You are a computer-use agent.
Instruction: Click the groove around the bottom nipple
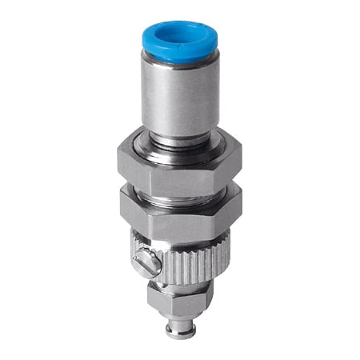178,321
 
